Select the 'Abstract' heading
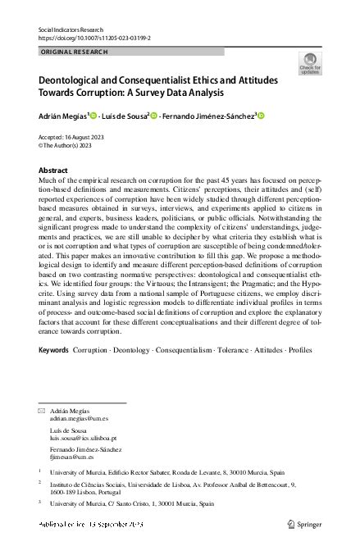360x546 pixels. (53, 170)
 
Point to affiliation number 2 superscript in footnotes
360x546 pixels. (40, 484)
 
